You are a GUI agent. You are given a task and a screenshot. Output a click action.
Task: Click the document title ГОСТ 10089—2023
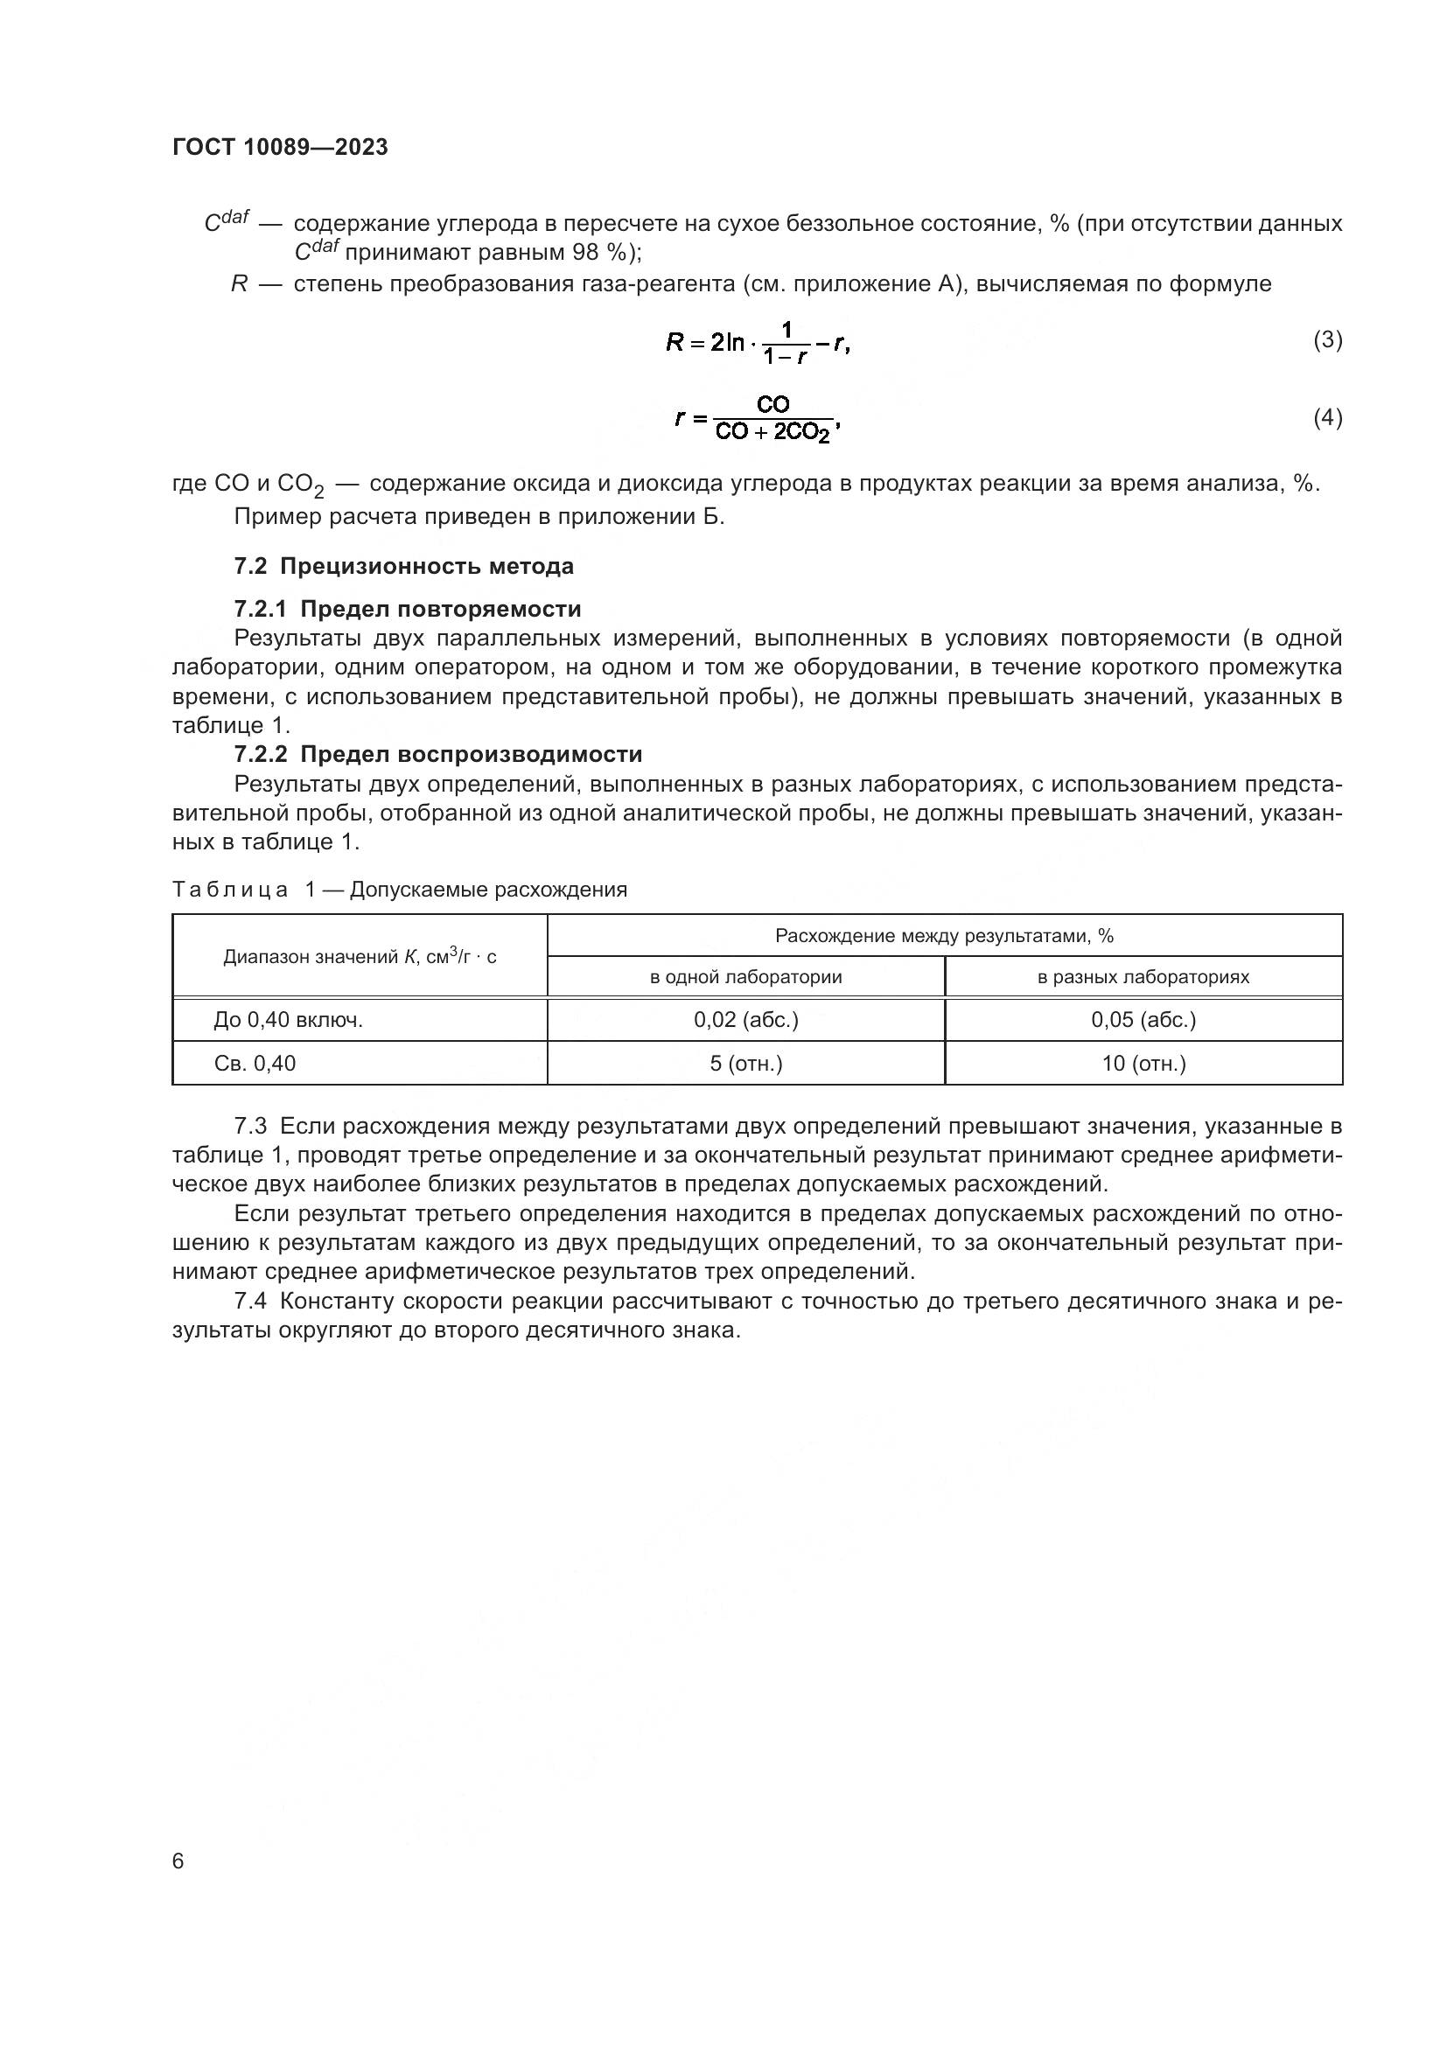tap(280, 147)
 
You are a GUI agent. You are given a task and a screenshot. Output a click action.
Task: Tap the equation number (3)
tap(1327, 339)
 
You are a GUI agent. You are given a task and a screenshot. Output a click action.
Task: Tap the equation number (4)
tap(1327, 417)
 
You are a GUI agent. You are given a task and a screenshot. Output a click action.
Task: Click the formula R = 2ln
tap(758, 342)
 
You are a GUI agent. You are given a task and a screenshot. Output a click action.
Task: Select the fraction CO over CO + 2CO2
tap(772, 419)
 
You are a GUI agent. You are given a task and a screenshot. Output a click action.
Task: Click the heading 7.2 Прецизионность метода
tap(403, 566)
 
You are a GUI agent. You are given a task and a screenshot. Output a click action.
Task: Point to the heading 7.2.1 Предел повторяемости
tap(407, 609)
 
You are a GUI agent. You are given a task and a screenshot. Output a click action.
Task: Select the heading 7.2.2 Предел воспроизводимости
tap(437, 754)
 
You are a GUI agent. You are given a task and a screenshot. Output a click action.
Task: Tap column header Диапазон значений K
tap(359, 956)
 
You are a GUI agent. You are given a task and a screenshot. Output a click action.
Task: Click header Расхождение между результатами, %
tap(944, 935)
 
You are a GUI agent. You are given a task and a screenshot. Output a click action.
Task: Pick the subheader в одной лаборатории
tap(744, 977)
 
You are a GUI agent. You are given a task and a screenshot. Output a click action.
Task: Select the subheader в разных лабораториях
tap(1143, 977)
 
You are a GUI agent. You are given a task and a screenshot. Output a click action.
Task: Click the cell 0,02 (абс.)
tap(744, 1019)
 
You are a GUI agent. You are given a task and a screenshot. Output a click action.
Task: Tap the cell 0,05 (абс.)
tap(1143, 1019)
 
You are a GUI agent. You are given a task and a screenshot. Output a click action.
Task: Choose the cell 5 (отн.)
tap(744, 1063)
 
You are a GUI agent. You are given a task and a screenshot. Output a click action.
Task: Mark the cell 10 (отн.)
tap(1143, 1063)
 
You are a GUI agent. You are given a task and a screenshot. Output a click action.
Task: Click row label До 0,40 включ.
tap(288, 1019)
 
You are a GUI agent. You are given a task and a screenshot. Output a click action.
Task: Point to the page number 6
tap(178, 1861)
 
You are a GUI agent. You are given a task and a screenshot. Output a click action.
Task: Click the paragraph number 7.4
tap(250, 1301)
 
